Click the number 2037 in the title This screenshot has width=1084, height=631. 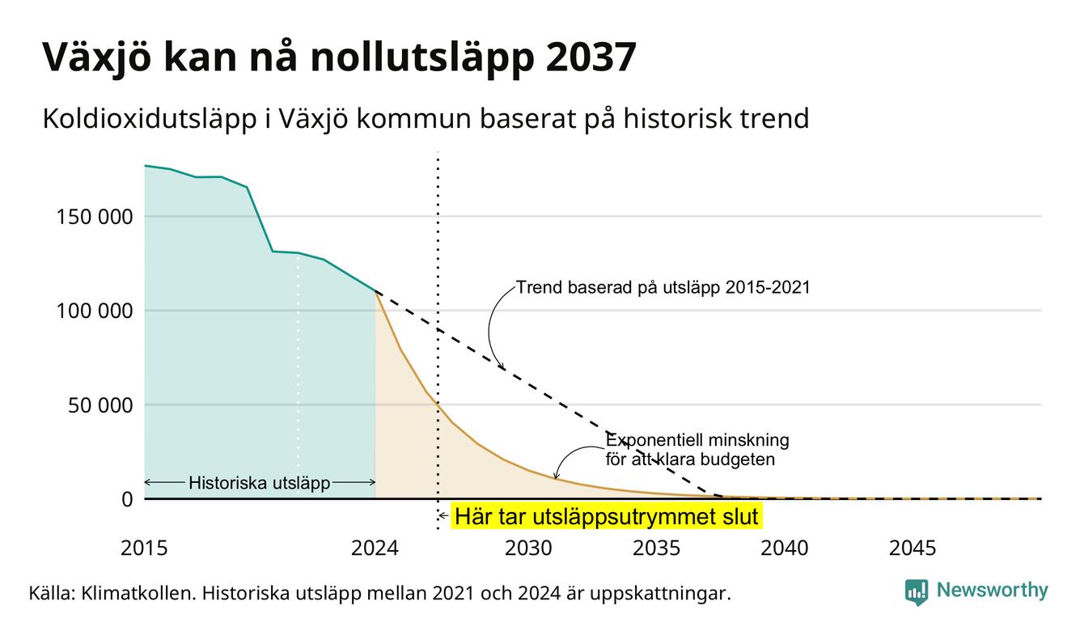(591, 57)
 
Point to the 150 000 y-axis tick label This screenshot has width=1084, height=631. (95, 217)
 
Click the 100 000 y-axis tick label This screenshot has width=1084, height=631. (95, 311)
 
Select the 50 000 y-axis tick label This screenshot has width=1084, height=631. (100, 405)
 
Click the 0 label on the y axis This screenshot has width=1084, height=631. (127, 499)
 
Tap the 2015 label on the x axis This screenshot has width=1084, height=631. (144, 548)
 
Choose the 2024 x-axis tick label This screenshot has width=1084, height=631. (375, 548)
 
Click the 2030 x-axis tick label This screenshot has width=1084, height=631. (528, 548)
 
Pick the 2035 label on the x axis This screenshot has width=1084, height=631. (657, 548)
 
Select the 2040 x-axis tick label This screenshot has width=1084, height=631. (785, 548)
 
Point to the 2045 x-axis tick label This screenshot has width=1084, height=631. (913, 548)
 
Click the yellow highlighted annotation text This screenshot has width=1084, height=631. (607, 516)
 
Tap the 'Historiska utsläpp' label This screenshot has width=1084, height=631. (260, 483)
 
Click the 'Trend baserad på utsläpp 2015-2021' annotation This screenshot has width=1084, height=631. (663, 287)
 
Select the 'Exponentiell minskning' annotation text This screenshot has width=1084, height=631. (697, 440)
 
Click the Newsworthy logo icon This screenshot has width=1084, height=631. (917, 592)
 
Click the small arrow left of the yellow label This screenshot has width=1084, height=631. (443, 516)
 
